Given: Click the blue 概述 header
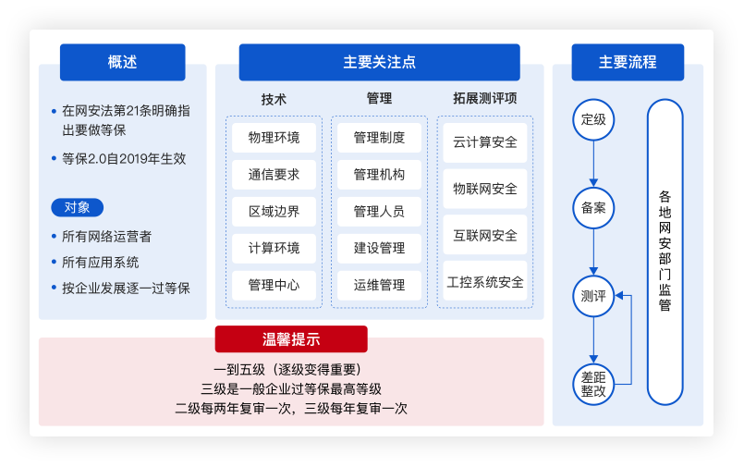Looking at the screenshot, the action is (122, 62).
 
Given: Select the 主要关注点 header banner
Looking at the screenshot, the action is (380, 62).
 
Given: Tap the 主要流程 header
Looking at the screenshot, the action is (628, 62).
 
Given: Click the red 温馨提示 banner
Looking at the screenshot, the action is (291, 338).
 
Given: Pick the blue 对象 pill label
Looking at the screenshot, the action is (78, 207).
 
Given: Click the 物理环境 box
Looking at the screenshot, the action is (274, 138).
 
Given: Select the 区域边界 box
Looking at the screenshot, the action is (274, 211).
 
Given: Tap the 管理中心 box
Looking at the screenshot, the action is (274, 285).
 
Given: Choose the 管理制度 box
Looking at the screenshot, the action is (379, 138).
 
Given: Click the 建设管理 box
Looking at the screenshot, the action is (379, 248).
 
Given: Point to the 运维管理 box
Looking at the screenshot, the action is (379, 285).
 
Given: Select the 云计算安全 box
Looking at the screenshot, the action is (485, 142).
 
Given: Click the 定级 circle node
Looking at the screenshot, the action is (593, 119).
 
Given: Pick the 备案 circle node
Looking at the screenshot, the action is (593, 208).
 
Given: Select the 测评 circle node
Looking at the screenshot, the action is (593, 296).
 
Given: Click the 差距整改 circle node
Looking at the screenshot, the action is (593, 385).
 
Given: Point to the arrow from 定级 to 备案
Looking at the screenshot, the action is (593, 164).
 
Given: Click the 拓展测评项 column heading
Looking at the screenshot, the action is (485, 98).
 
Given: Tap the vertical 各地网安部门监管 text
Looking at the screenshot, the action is (665, 251).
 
